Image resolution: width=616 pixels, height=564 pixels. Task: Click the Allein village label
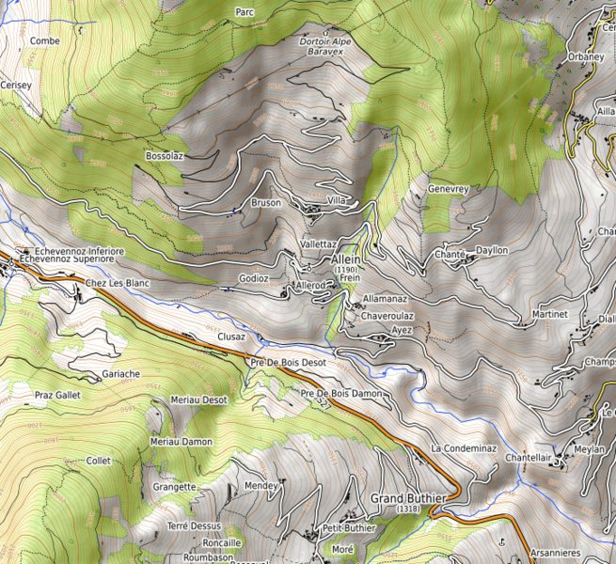tap(346, 259)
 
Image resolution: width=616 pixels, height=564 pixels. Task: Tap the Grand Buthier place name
tap(407, 497)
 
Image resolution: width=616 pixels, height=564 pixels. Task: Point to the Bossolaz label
tap(164, 155)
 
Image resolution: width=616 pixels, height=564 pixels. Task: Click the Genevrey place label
tap(448, 189)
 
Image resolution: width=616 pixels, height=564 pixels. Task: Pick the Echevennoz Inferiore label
tap(79, 251)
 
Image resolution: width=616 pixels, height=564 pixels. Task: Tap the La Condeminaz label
tap(464, 448)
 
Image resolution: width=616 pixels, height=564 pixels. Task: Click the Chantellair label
tap(527, 458)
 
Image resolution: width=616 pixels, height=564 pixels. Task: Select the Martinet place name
tap(549, 313)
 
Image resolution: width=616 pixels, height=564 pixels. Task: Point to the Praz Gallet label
tap(57, 396)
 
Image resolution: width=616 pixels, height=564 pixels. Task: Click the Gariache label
tap(120, 373)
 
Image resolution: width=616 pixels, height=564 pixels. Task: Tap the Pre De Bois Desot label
tap(289, 362)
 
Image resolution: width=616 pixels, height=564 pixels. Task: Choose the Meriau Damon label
tap(182, 441)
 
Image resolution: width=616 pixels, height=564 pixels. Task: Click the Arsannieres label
tap(555, 553)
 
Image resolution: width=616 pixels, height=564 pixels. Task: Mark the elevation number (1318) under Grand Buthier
tap(408, 509)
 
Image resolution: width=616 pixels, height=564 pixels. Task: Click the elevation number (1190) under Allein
tap(346, 270)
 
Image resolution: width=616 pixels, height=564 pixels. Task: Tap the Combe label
tap(44, 41)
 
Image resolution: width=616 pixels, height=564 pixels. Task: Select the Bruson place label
tap(266, 203)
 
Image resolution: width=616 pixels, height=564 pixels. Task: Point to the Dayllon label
tap(492, 250)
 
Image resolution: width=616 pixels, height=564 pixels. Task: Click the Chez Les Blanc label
tap(118, 283)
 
